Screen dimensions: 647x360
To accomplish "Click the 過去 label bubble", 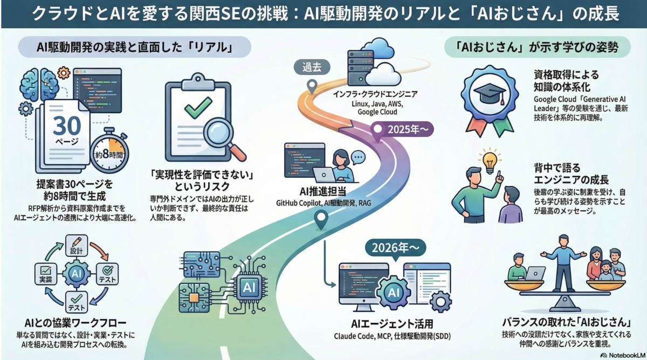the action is [312, 67].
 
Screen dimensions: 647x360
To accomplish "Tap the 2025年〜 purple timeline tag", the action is [402, 130].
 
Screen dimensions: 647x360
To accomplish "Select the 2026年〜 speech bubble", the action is [395, 248].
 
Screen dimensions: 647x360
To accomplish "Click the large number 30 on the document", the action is [67, 126].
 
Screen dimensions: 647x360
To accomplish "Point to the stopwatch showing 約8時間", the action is [109, 151].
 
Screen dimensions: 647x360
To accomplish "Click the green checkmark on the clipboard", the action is [198, 107].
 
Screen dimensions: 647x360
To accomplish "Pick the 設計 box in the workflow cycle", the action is [76, 246].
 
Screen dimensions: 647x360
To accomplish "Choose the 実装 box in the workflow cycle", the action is [46, 274].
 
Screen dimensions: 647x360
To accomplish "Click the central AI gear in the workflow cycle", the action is [76, 274].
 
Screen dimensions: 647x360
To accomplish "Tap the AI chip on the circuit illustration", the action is [249, 287].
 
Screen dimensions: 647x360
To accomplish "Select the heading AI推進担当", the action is [322, 191].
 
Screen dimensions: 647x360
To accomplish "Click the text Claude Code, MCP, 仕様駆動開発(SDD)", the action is [393, 336].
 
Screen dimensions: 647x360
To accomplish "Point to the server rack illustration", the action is [360, 67].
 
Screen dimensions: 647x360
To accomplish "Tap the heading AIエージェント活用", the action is [392, 324].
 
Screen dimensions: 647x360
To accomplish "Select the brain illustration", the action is [39, 84].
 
